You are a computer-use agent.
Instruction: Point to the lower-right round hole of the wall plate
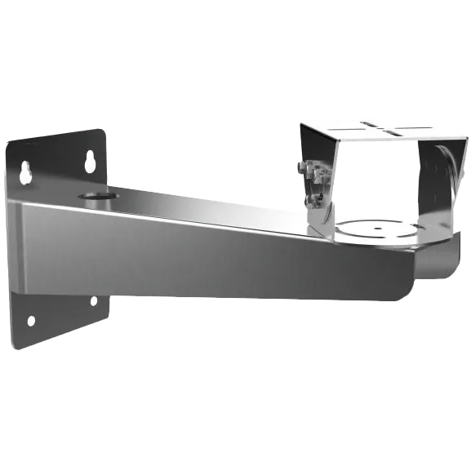[x=94, y=301]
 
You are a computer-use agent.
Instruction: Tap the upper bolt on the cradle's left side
[x=305, y=168]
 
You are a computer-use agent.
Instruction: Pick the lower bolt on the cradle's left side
[x=310, y=198]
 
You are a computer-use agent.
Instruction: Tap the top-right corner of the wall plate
[x=106, y=130]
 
